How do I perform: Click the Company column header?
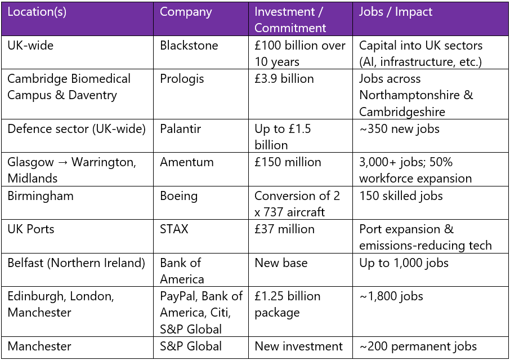point(186,12)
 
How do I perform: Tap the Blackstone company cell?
point(189,46)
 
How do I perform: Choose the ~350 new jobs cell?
point(399,129)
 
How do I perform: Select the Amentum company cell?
point(187,162)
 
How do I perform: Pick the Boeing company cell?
point(178,196)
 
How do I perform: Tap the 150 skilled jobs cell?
point(401,196)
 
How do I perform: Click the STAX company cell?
point(174,229)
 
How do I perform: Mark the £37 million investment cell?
point(284,229)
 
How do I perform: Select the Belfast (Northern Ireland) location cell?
point(76,263)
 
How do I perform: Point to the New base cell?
point(281,263)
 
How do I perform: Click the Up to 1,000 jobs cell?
point(404,263)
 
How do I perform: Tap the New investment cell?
point(298,346)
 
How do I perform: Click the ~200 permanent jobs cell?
point(418,346)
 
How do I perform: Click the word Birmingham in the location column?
point(41,196)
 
